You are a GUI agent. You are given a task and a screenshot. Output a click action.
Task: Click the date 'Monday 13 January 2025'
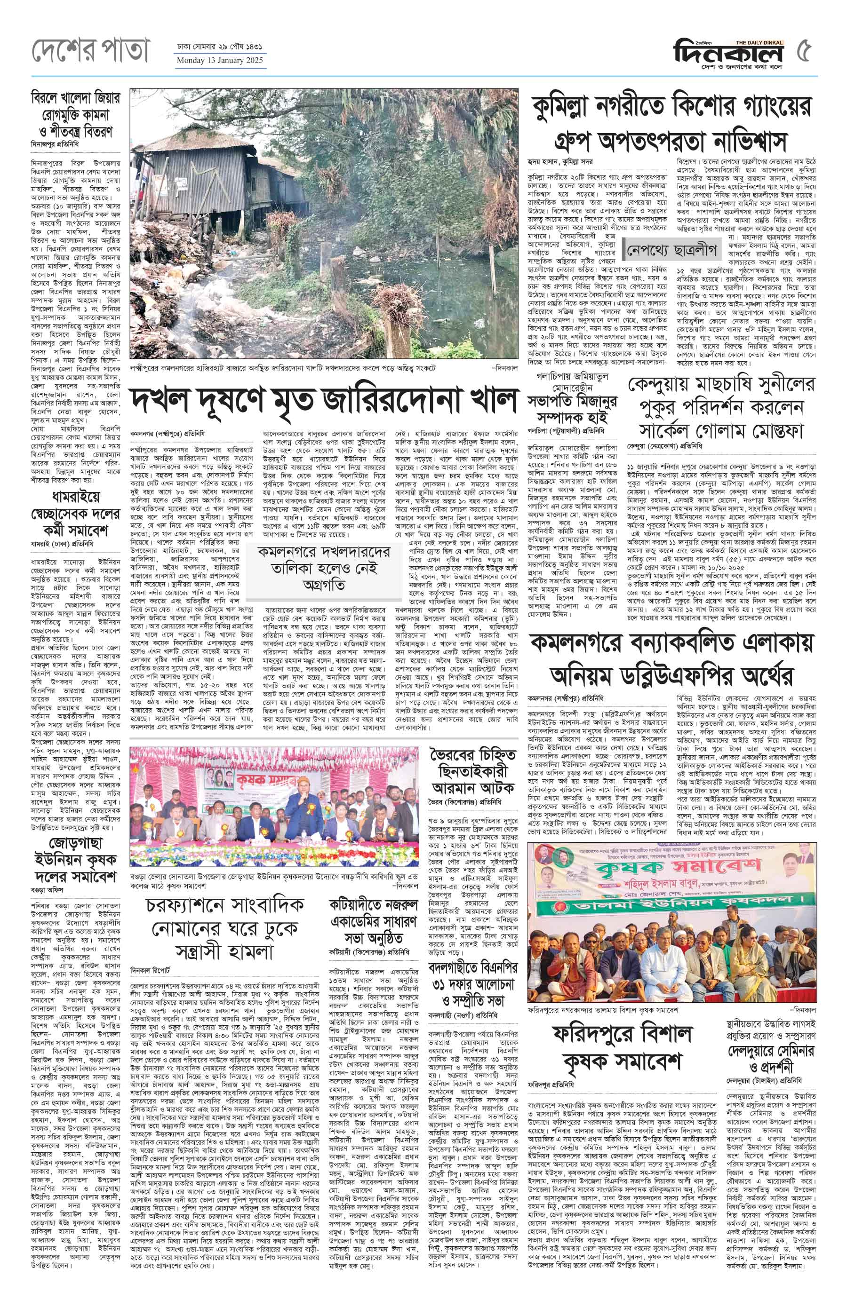(219, 61)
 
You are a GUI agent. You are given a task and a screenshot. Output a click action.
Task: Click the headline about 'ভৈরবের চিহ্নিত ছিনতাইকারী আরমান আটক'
(473, 771)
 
